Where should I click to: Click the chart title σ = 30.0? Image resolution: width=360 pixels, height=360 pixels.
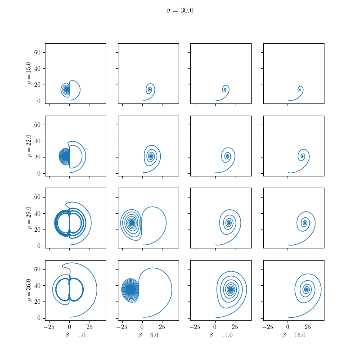pyautogui.click(x=180, y=10)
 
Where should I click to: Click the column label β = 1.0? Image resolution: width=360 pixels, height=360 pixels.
pyautogui.click(x=75, y=335)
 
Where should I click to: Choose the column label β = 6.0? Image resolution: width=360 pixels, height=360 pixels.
pyautogui.click(x=148, y=335)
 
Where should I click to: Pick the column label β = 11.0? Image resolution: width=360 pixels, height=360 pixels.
pyautogui.click(x=220, y=335)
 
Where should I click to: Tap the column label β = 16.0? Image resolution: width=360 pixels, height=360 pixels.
pyautogui.click(x=293, y=335)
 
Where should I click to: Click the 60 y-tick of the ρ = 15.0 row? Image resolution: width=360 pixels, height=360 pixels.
pyautogui.click(x=38, y=52)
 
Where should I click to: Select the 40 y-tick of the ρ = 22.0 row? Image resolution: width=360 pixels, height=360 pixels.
pyautogui.click(x=38, y=141)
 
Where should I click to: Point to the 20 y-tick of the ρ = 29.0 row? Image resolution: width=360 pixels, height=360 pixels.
pyautogui.click(x=38, y=229)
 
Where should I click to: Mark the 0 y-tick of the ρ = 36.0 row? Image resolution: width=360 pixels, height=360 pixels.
pyautogui.click(x=39, y=318)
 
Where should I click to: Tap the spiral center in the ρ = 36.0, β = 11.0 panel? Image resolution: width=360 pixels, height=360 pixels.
pyautogui.click(x=230, y=289)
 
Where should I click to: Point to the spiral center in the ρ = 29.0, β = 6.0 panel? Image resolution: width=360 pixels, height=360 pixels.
pyautogui.click(x=131, y=222)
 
